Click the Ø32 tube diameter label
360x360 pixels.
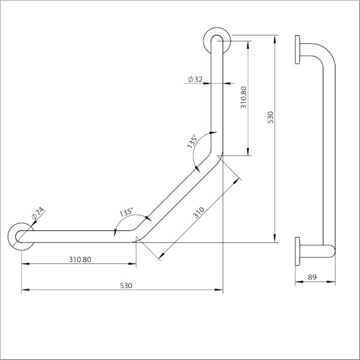196,79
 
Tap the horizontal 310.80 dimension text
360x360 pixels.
80,260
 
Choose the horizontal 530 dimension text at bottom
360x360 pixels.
125,286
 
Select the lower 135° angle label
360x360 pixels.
126,213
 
